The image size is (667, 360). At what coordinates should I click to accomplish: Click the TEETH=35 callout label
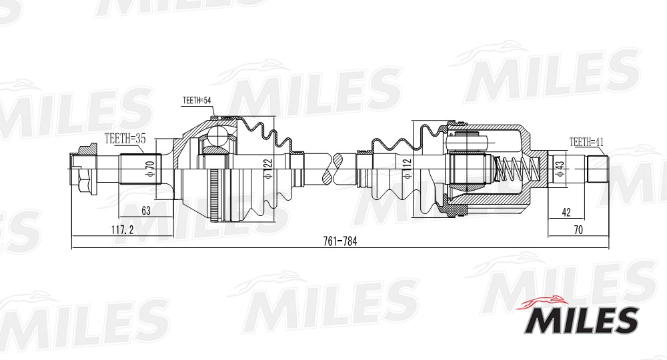tap(125, 138)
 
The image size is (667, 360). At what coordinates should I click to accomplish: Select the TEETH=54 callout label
tap(197, 101)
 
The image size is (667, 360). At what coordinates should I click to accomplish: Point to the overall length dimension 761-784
tap(340, 241)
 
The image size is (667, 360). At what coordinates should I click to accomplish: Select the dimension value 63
tap(146, 211)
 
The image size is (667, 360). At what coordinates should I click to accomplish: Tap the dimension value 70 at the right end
tap(578, 230)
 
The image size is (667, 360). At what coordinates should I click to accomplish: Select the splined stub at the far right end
tap(598, 167)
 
